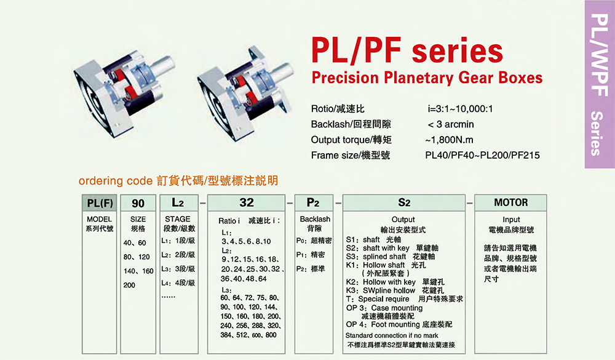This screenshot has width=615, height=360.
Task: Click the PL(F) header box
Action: click(x=100, y=203)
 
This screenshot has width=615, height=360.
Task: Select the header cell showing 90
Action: click(x=138, y=203)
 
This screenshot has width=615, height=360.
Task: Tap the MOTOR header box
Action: click(x=510, y=202)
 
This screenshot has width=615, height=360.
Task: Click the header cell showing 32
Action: click(x=247, y=202)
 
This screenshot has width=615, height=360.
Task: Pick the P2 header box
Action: click(x=314, y=202)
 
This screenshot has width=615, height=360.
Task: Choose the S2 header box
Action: click(x=404, y=202)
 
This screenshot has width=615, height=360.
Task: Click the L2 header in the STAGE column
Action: click(x=179, y=202)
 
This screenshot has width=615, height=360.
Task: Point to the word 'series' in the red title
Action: click(x=458, y=52)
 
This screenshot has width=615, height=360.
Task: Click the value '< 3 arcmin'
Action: click(x=451, y=124)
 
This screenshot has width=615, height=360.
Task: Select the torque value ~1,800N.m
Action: click(x=449, y=140)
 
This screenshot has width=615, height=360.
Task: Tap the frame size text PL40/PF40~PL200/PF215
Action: click(x=482, y=156)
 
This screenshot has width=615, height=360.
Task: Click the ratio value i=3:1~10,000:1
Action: click(x=460, y=109)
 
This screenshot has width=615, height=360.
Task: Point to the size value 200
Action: click(x=129, y=285)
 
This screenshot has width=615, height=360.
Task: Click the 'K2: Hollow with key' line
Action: click(x=395, y=282)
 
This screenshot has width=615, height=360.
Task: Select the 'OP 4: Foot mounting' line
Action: click(x=399, y=324)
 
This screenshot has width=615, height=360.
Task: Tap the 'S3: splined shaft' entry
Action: click(x=391, y=257)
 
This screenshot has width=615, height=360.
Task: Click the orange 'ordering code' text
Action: click(x=116, y=181)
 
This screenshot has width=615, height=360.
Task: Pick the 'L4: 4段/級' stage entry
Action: click(x=178, y=282)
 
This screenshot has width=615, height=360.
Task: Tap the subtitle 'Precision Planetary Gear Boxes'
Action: click(x=427, y=78)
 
